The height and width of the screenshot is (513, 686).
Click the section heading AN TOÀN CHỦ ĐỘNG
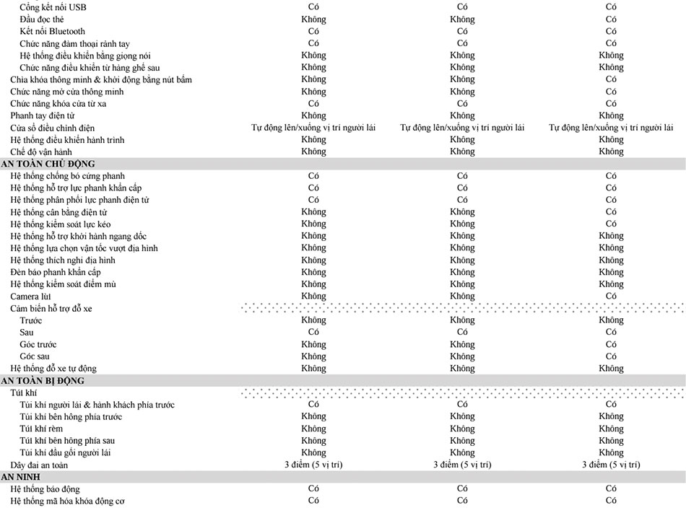(x=48, y=164)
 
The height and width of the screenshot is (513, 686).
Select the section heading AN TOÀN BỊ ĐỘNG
(x=43, y=380)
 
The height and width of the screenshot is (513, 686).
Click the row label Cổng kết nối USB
(x=53, y=7)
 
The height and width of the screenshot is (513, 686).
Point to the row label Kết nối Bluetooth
(x=52, y=31)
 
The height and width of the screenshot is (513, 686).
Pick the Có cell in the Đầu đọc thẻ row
(x=611, y=19)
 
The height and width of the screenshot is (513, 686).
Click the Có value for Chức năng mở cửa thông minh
(x=611, y=92)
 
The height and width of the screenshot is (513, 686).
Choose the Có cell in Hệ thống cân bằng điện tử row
(x=611, y=212)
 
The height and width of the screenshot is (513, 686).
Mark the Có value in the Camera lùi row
(x=611, y=296)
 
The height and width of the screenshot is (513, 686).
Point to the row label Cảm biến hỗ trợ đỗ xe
(x=51, y=308)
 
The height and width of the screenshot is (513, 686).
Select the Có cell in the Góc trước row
(x=611, y=344)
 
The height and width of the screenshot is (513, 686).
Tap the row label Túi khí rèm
(x=41, y=429)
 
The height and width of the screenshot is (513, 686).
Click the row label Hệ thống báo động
(x=45, y=489)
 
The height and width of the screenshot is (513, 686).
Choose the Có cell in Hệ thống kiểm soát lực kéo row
(x=611, y=224)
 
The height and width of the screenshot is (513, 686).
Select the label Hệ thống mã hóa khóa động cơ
(x=69, y=501)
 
